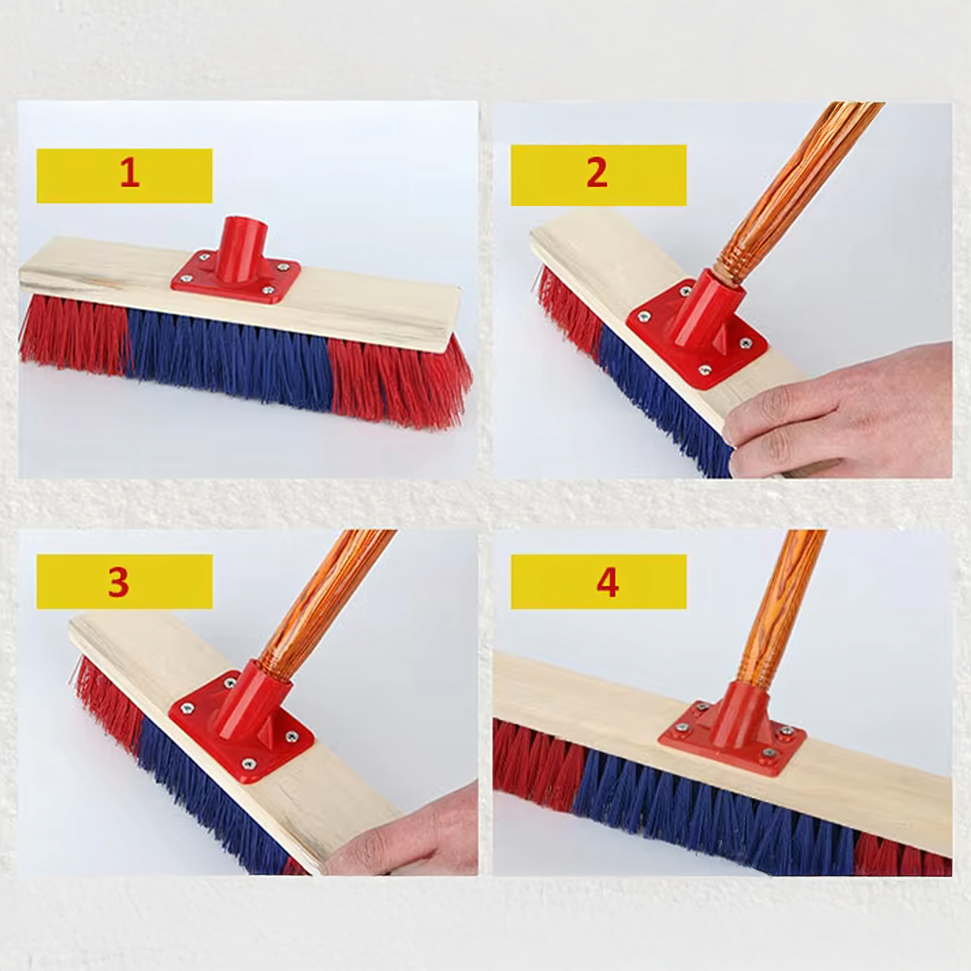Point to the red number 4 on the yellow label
(607, 583)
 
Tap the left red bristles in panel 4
(533, 764)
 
